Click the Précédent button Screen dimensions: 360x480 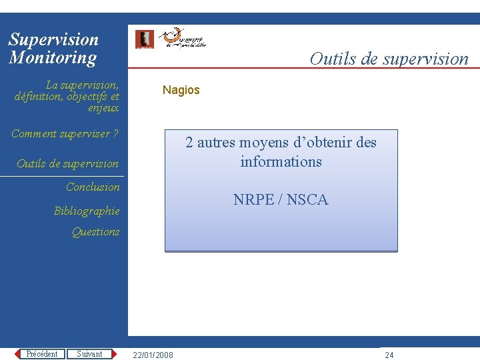click(42, 354)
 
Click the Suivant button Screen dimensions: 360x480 click(89, 354)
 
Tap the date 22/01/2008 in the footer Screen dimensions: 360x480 click(153, 355)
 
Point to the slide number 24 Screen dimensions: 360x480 click(389, 355)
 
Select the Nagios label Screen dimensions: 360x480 click(181, 90)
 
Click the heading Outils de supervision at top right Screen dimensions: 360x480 click(389, 59)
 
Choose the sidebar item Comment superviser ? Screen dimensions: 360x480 click(65, 134)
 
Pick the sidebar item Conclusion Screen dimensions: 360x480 click(93, 187)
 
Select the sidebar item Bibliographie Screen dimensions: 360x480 click(87, 211)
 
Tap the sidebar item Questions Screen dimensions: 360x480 click(95, 231)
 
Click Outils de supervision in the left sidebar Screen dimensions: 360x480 click(67, 163)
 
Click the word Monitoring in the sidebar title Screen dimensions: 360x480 click(53, 57)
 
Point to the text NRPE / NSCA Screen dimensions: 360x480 click(281, 199)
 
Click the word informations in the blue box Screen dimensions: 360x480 click(281, 161)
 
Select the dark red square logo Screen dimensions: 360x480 click(144, 39)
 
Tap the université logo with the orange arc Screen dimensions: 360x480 click(183, 39)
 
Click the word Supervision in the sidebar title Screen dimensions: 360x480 click(53, 39)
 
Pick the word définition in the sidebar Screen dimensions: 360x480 click(36, 96)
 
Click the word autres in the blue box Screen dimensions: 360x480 click(220, 142)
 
